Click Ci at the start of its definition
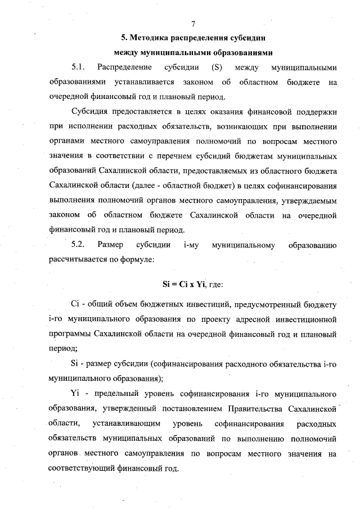tap(77, 305)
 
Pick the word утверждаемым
tap(308, 200)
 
